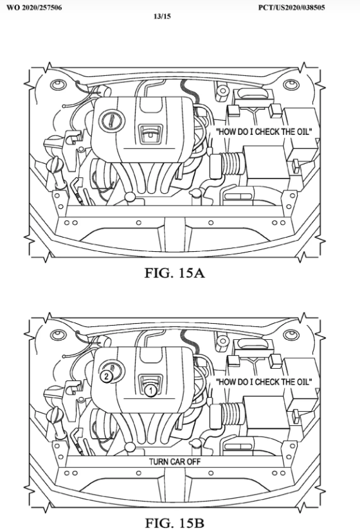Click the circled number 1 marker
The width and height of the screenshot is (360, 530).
click(x=150, y=391)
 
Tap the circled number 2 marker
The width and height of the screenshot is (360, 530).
click(x=106, y=376)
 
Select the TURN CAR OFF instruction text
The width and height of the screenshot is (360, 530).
click(x=175, y=462)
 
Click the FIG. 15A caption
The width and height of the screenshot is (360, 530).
click(x=175, y=273)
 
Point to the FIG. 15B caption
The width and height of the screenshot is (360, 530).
click(x=175, y=523)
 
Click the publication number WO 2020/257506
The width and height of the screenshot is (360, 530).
click(x=34, y=8)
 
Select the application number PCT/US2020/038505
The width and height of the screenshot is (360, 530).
click(x=292, y=8)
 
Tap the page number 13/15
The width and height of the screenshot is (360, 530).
click(x=162, y=16)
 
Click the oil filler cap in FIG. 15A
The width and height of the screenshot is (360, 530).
click(x=112, y=121)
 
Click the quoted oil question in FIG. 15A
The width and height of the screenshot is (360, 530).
click(x=264, y=132)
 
